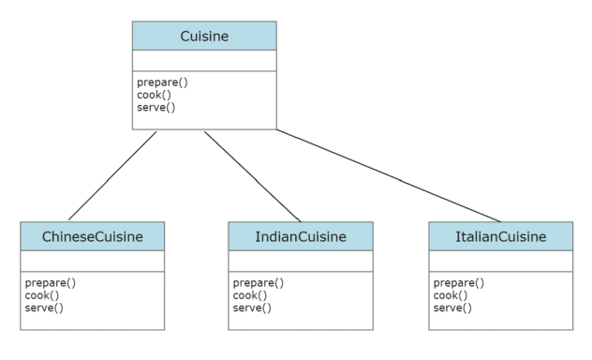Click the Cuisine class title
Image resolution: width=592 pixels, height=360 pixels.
pos(204,36)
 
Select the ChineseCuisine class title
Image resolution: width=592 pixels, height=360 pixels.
pos(92,236)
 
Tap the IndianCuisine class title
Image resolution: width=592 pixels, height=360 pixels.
pos(300,236)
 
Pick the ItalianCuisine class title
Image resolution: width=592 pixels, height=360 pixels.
pos(500,236)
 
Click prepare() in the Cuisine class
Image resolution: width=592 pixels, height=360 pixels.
pos(162,82)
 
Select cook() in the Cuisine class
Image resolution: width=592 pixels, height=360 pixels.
pos(153,95)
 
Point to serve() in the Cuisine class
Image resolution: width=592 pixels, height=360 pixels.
pos(155,107)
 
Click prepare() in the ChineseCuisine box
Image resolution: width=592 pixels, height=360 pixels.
pos(50,283)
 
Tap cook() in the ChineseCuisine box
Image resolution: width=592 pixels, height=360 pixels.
pos(40,295)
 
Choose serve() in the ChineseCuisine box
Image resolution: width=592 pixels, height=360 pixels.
pos(43,307)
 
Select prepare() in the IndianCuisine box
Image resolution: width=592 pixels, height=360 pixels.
pos(258,283)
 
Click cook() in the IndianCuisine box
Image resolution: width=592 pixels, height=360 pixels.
pos(248,295)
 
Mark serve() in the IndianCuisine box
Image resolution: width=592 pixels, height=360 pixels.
pos(251,307)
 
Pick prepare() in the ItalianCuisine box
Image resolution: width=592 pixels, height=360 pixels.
pos(458,283)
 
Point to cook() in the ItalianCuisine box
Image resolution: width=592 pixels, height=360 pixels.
pos(449,295)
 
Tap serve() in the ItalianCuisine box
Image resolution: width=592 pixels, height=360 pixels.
pos(451,307)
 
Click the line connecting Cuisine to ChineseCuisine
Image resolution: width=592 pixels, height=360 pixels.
pos(112,175)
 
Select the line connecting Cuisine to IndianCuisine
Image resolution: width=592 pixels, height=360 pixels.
pos(252,175)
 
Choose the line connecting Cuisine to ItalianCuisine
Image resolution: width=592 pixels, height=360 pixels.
pos(389,175)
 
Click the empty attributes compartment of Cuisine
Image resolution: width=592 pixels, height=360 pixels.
pos(204,61)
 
